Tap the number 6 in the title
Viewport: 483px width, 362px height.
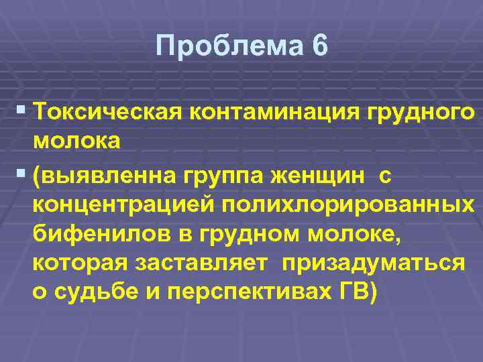pyautogui.click(x=320, y=46)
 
